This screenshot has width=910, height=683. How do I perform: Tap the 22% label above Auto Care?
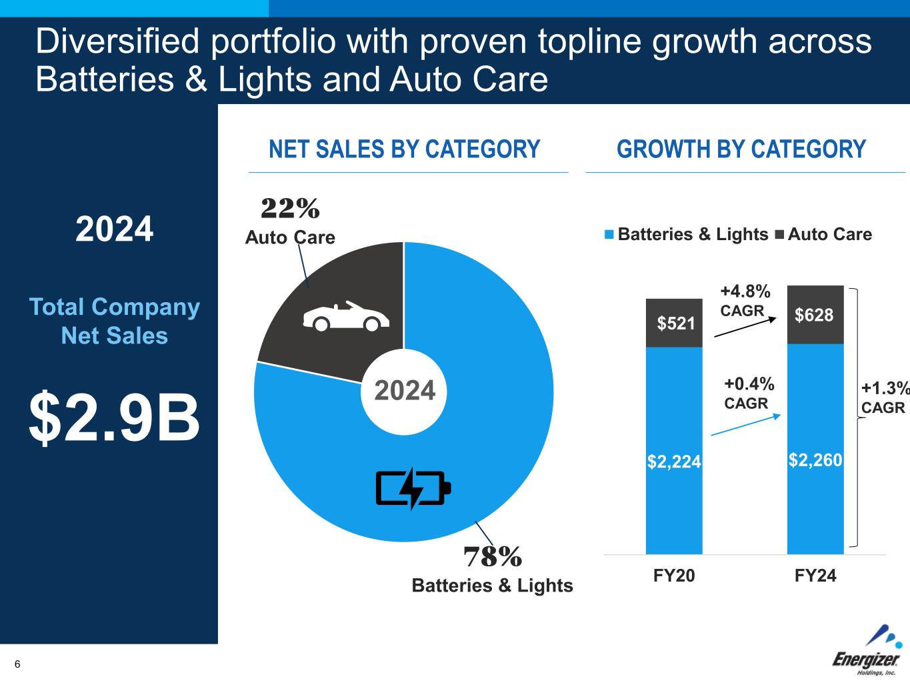[x=290, y=209]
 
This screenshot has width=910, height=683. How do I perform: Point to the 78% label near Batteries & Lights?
[x=493, y=556]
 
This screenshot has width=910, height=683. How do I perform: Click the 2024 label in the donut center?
[x=405, y=390]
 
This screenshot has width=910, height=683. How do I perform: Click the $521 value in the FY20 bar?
[x=676, y=323]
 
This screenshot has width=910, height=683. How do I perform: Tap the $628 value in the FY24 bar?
[x=814, y=315]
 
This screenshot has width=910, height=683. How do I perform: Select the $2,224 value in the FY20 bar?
[x=674, y=461]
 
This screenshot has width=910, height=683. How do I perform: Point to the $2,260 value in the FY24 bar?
[x=815, y=460]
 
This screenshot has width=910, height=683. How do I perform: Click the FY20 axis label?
[x=674, y=576]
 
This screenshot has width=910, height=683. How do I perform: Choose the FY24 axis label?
[x=815, y=576]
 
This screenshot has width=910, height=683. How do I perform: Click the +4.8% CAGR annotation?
[x=745, y=300]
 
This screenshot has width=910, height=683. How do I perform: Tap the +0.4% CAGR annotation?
[x=749, y=393]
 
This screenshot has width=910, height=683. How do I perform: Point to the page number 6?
[x=17, y=664]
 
